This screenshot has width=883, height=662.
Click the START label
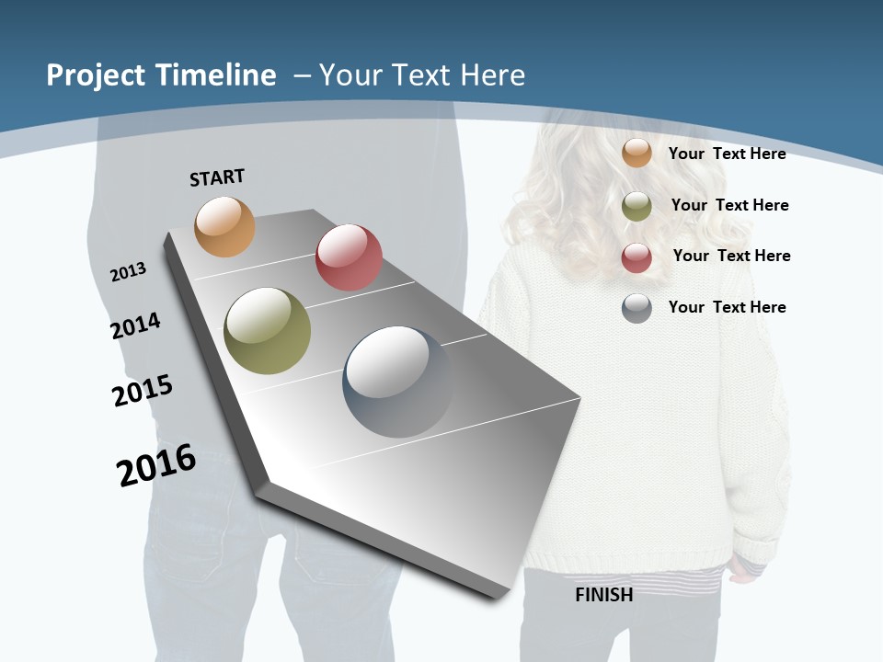pyautogui.click(x=217, y=177)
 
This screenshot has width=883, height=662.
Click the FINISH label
pyautogui.click(x=603, y=595)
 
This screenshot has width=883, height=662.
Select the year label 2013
pyautogui.click(x=129, y=271)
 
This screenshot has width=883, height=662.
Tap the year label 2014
pyautogui.click(x=136, y=325)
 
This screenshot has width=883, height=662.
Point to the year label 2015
pyautogui.click(x=143, y=391)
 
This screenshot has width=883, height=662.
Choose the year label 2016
pyautogui.click(x=156, y=465)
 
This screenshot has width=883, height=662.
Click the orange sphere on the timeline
pyautogui.click(x=224, y=226)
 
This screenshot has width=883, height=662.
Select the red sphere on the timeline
pyautogui.click(x=349, y=257)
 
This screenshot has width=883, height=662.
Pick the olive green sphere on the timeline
pyautogui.click(x=268, y=331)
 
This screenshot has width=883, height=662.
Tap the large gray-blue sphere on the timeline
pyautogui.click(x=398, y=382)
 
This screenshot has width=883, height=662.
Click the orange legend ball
pyautogui.click(x=636, y=154)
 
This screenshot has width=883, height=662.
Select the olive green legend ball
pyautogui.click(x=636, y=206)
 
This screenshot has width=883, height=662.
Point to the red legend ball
pyautogui.click(x=636, y=257)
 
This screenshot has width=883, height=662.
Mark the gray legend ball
pyautogui.click(x=636, y=308)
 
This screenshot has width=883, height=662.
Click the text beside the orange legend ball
pyautogui.click(x=727, y=154)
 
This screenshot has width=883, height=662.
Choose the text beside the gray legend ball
pyautogui.click(x=727, y=307)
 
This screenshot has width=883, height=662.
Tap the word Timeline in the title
pyautogui.click(x=219, y=75)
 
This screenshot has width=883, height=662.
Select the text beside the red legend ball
pyautogui.click(x=731, y=256)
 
